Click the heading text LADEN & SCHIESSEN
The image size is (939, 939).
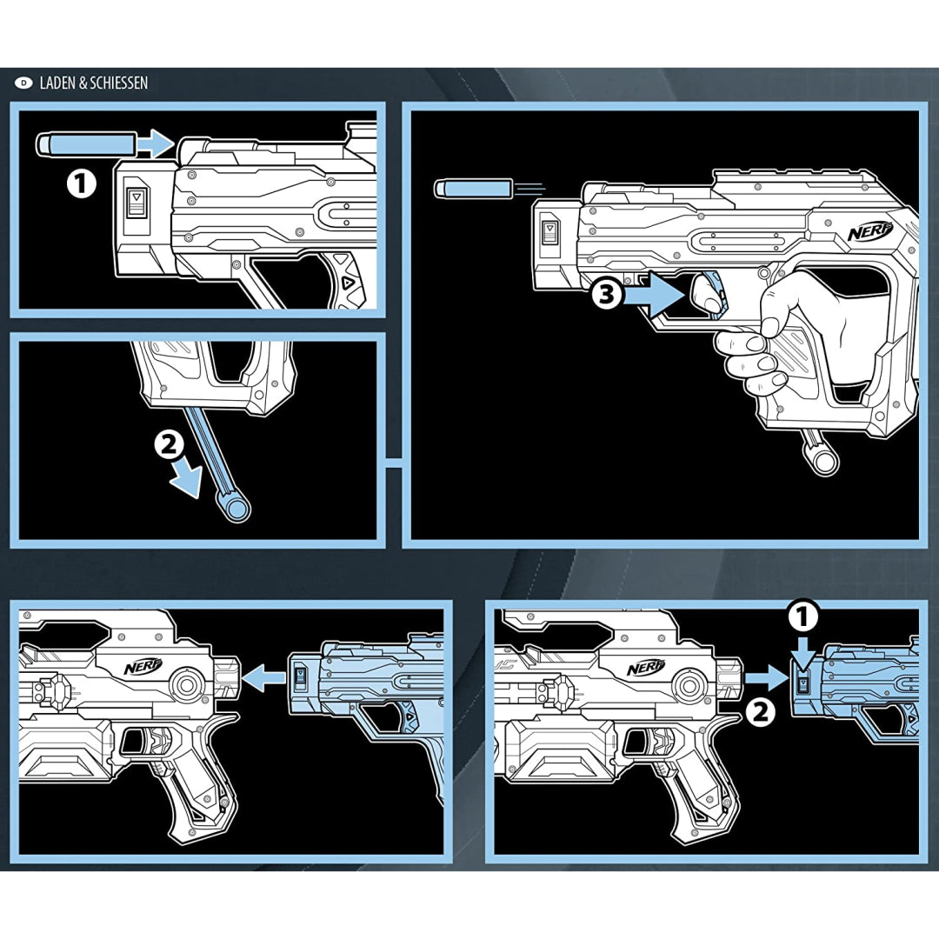[x=93, y=83]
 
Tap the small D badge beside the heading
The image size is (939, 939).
[x=24, y=83]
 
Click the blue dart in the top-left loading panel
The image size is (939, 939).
[x=85, y=143]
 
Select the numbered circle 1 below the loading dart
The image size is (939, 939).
[x=81, y=183]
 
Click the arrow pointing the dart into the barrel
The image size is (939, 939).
[x=155, y=143]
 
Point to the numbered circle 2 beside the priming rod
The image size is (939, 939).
[x=170, y=445]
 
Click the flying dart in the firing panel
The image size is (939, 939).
[x=473, y=188]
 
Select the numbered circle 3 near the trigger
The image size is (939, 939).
[x=607, y=295]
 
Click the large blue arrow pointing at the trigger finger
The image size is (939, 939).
[x=654, y=295]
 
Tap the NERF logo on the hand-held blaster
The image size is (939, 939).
[x=870, y=230]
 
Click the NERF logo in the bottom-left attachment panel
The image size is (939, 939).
[x=143, y=666]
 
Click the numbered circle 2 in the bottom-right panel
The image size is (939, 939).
[x=760, y=712]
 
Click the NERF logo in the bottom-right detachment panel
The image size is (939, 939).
[x=645, y=667]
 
